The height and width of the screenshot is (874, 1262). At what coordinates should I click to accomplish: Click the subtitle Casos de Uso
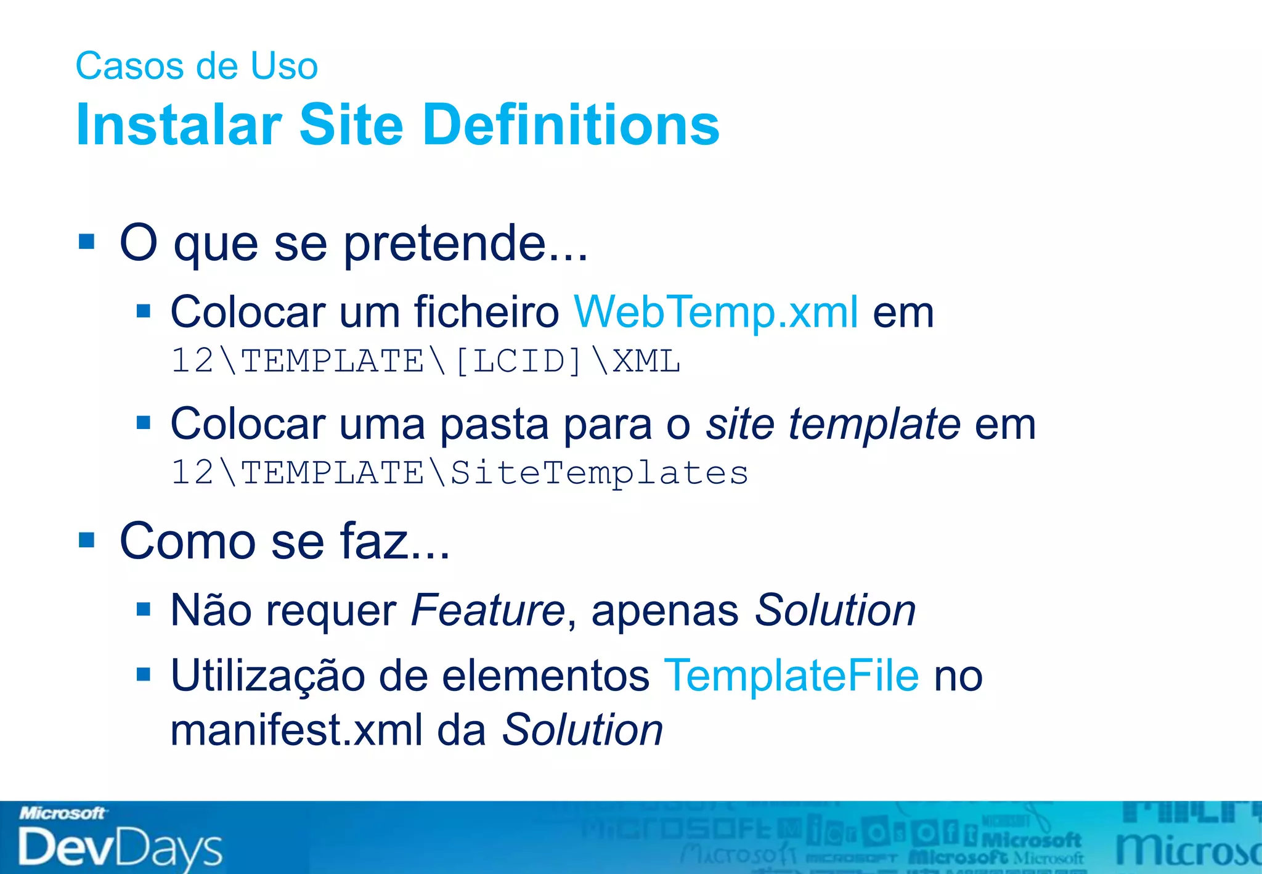197,66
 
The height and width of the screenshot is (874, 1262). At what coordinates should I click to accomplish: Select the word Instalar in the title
179,125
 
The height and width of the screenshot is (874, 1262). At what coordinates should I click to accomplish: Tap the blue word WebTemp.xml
715,312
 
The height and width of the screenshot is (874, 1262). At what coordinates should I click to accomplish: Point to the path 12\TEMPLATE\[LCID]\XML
426,361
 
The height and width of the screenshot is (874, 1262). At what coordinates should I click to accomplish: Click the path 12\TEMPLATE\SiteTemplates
460,473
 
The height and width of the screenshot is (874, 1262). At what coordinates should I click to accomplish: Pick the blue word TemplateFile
792,676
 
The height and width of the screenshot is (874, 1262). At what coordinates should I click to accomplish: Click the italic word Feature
487,611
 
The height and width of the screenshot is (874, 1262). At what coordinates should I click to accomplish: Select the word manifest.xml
296,730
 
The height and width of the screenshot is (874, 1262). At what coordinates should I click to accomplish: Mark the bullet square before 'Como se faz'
87,540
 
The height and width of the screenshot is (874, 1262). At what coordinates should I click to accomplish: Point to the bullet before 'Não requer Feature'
144,610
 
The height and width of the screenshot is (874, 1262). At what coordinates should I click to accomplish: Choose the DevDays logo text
120,847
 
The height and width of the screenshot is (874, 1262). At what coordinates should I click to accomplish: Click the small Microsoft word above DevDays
62,814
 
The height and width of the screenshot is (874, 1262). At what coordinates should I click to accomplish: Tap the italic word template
874,424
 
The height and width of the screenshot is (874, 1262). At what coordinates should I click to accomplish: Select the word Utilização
267,676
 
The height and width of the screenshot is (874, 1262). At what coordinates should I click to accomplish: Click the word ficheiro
486,312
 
